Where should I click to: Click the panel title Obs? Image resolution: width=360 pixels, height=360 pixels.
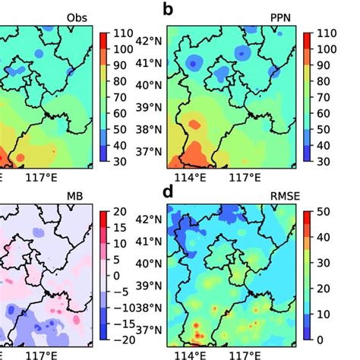(76, 15)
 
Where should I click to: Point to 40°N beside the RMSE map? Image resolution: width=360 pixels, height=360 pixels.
(150, 264)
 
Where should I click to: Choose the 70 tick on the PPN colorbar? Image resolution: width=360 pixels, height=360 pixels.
(325, 97)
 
